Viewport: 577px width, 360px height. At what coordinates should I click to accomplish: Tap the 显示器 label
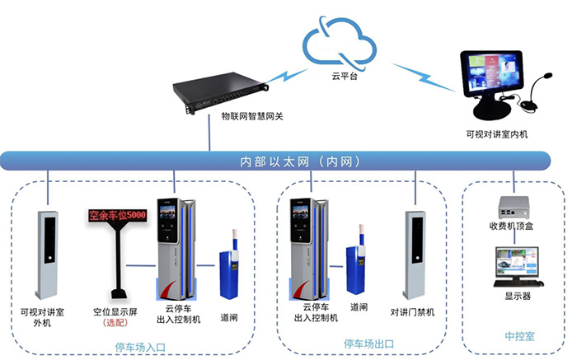click(x=517, y=295)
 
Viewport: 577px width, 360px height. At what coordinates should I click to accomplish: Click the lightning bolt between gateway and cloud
click(x=288, y=76)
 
